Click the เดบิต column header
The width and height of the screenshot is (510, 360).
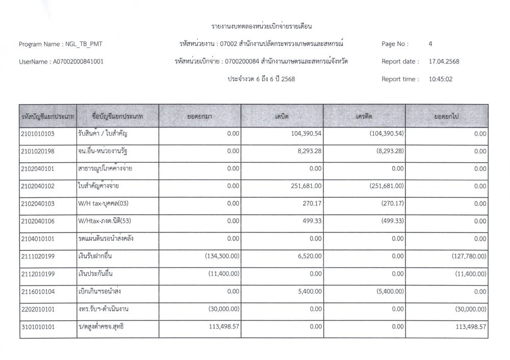(x=282, y=117)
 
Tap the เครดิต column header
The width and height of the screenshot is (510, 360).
(x=364, y=117)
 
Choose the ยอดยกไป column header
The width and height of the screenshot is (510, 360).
(x=447, y=117)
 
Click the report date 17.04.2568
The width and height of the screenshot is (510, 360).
(x=444, y=62)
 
